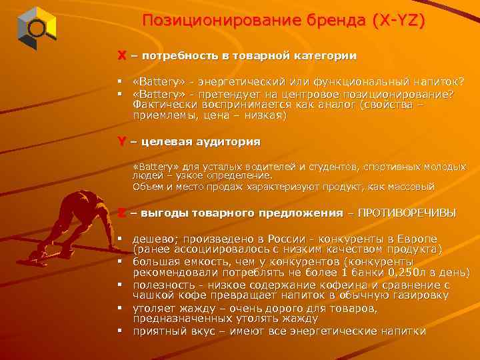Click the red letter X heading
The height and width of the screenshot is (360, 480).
[x=122, y=56]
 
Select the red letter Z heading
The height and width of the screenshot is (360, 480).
[x=122, y=213]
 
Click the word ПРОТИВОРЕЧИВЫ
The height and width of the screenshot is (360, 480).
[x=407, y=213]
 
